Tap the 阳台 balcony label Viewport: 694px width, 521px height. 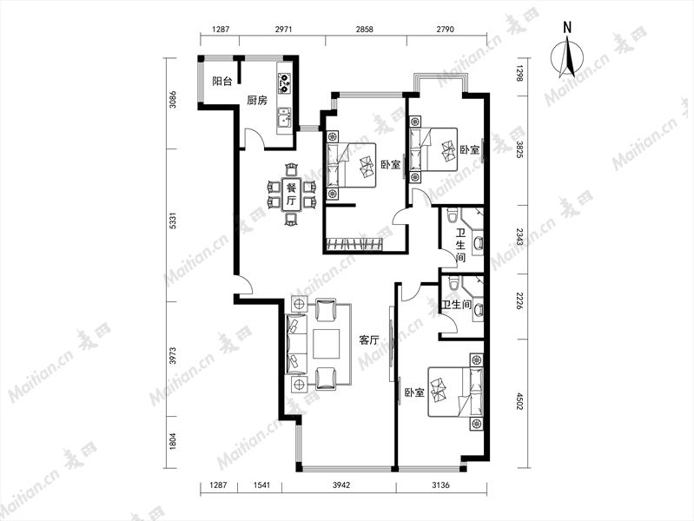pyautogui.click(x=221, y=81)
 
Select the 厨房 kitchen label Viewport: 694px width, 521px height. pyautogui.click(x=257, y=100)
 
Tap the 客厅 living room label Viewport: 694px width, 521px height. pyautogui.click(x=369, y=340)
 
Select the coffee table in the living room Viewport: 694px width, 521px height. pyautogui.click(x=327, y=344)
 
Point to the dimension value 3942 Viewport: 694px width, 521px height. pyautogui.click(x=341, y=485)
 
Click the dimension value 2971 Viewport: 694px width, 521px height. pyautogui.click(x=284, y=30)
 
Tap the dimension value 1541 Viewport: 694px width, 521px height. pyautogui.click(x=261, y=485)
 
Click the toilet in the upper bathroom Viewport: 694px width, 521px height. pyautogui.click(x=452, y=214)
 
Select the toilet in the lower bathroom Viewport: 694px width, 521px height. pyautogui.click(x=453, y=282)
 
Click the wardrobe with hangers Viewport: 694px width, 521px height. pyautogui.click(x=354, y=244)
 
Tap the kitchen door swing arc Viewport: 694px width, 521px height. pyautogui.click(x=257, y=134)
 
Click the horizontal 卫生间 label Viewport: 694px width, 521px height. pyautogui.click(x=456, y=305)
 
